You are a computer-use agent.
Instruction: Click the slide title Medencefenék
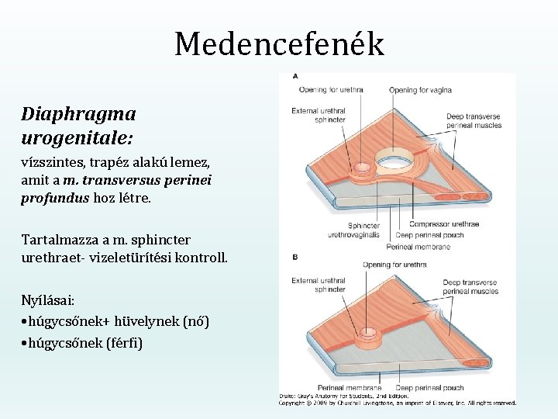pos(279,44)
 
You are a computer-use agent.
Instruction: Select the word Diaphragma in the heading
pos(79,114)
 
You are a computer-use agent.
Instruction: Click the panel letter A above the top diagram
pos(295,76)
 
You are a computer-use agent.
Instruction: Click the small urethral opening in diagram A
pos(360,168)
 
